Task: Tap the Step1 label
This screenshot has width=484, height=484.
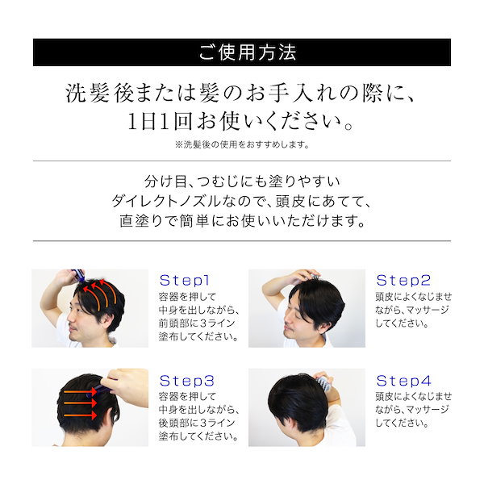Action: pos(185,281)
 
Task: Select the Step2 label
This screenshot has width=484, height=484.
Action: pos(403,281)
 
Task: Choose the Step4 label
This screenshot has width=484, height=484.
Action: pos(403,380)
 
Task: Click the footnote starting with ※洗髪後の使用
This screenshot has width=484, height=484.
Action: pos(241,145)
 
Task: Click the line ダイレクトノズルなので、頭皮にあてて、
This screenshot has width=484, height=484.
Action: pos(241,200)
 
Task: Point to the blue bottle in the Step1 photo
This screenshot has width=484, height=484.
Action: pos(79,277)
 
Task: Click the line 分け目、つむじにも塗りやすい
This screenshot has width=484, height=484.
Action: pos(241,180)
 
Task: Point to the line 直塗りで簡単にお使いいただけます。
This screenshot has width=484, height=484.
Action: pos(241,220)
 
